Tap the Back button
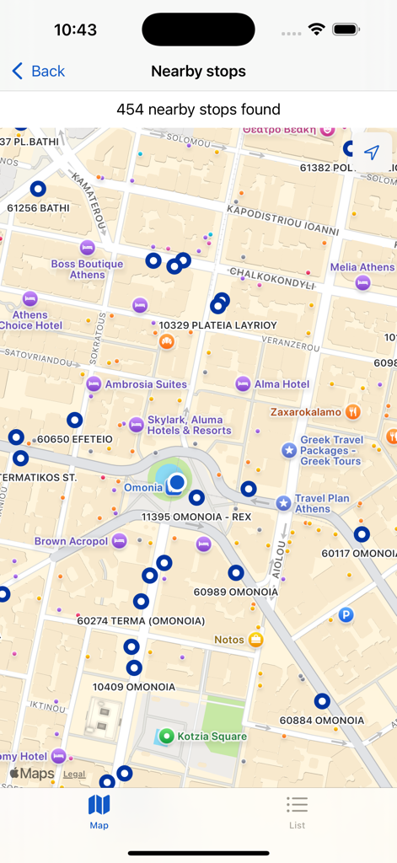38,72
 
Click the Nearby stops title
198,72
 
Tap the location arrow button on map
372,153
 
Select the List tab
297,812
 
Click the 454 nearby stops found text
198,110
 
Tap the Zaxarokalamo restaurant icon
353,412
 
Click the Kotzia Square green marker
167,737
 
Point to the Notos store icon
256,640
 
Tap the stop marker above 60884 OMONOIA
322,701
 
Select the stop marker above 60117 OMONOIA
362,534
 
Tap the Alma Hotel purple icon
243,383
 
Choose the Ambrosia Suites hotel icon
94,384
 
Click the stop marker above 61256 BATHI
38,190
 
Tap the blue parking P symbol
346,616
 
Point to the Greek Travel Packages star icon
289,450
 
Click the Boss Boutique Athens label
87,269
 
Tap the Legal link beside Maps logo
74,774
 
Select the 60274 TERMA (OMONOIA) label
141,621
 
